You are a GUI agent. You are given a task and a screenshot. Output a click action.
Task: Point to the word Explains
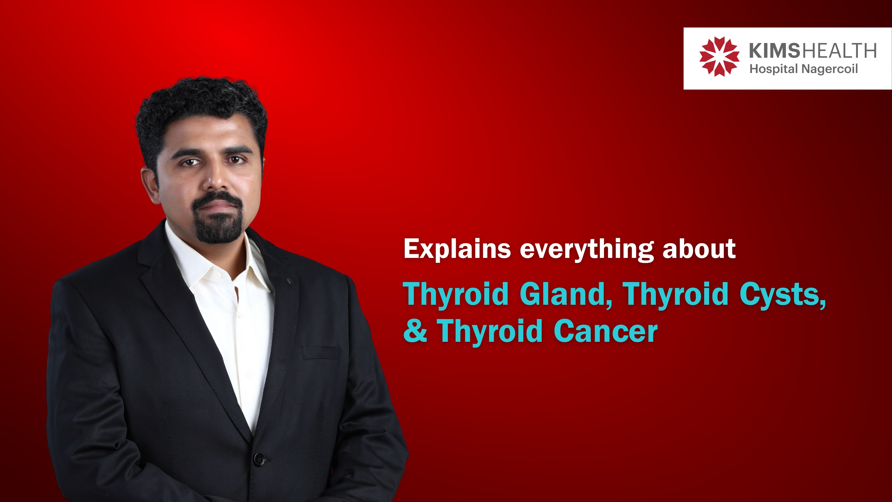[x=457, y=248]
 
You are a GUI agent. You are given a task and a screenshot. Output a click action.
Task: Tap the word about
[x=699, y=248]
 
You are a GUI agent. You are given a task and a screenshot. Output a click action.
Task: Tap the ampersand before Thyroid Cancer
[x=415, y=331]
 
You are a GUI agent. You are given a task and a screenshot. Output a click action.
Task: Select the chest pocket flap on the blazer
[x=320, y=352]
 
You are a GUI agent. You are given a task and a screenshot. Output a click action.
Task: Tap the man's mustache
[x=217, y=199]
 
